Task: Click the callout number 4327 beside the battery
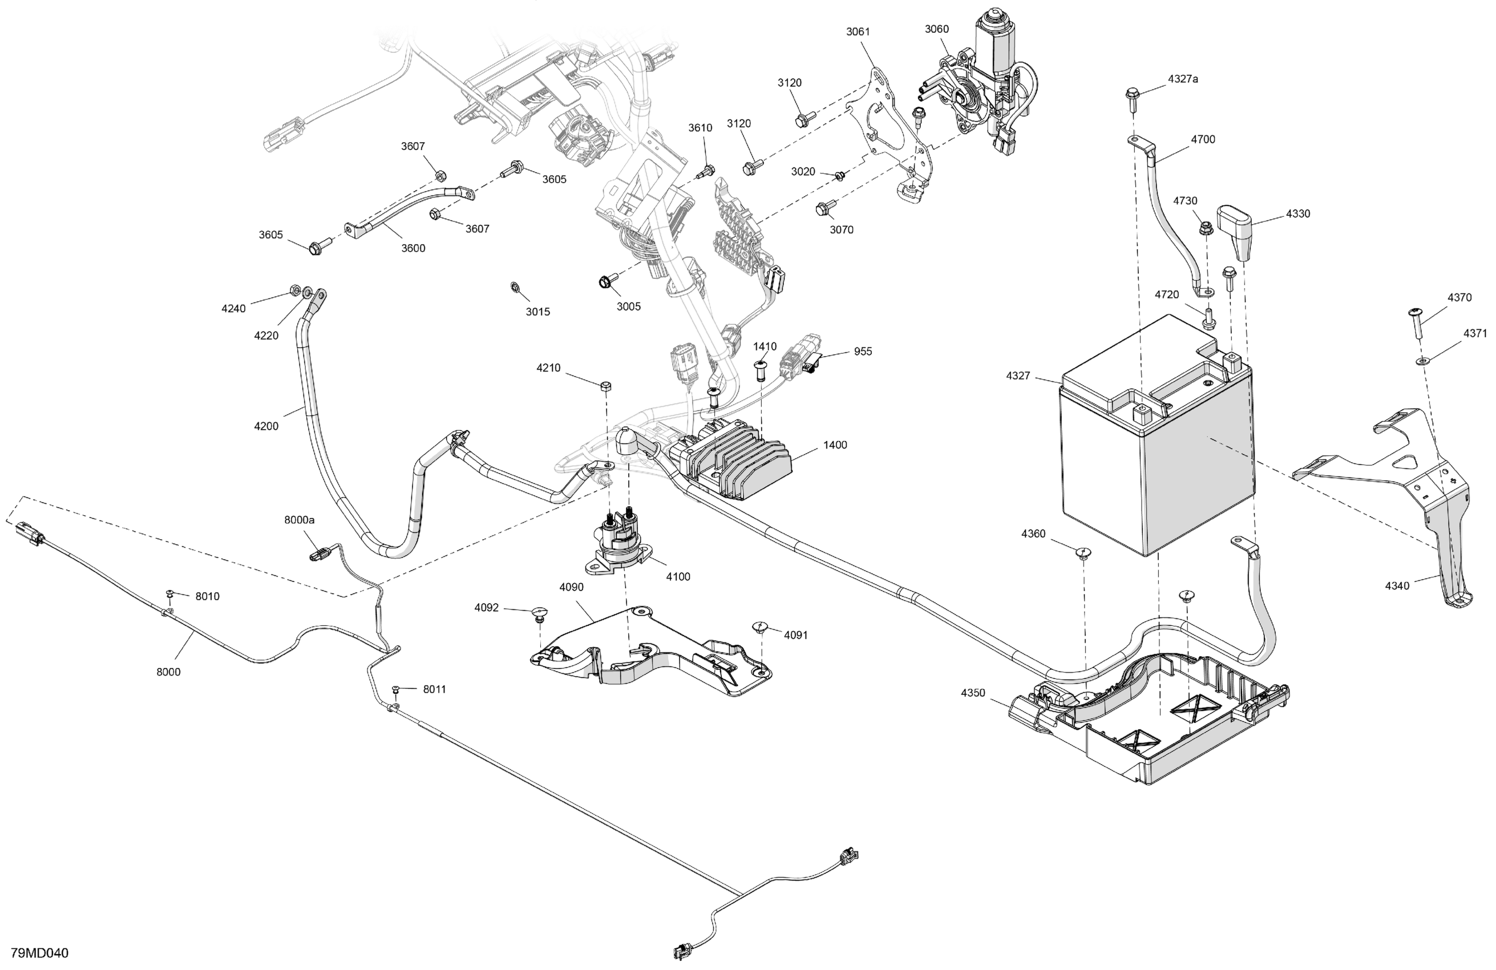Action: pyautogui.click(x=1018, y=376)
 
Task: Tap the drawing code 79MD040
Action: pyautogui.click(x=39, y=953)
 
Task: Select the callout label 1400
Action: pyautogui.click(x=835, y=445)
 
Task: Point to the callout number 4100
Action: pyautogui.click(x=678, y=576)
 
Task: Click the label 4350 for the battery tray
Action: pyautogui.click(x=973, y=693)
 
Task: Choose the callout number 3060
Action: pyautogui.click(x=937, y=29)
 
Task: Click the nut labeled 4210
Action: pyautogui.click(x=606, y=386)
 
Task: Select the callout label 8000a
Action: pyautogui.click(x=299, y=520)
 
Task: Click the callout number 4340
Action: pyautogui.click(x=1397, y=586)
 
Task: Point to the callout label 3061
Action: pyautogui.click(x=858, y=31)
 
